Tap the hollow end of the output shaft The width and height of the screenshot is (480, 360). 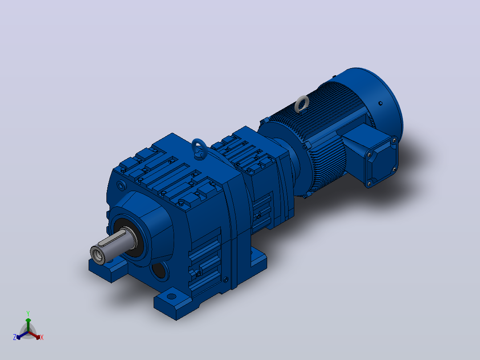coord(98,254)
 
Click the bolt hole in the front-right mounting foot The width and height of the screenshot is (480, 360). coord(172,296)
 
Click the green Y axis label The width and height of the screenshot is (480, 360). coord(28,314)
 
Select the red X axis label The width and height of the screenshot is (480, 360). coord(42,337)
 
